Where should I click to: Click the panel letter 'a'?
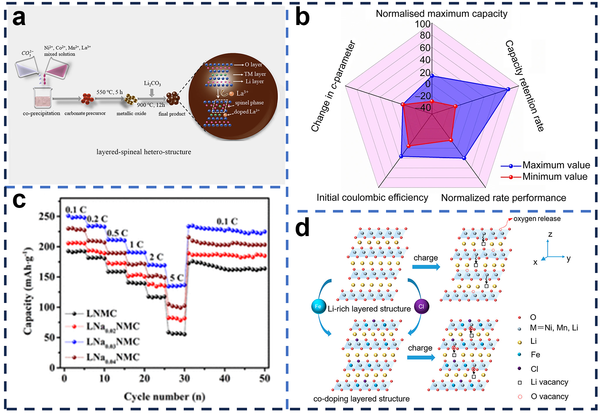pos(19,18)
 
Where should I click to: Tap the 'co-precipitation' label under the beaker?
pos(41,113)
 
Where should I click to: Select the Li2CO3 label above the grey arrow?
pos(152,83)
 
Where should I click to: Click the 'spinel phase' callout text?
pos(249,103)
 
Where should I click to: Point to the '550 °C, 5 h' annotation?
pos(110,92)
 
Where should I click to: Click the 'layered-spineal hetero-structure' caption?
pos(144,152)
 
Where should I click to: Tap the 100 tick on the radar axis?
pos(423,24)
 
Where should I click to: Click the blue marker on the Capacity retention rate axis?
pos(508,89)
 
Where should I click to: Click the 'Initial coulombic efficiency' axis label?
pos(372,198)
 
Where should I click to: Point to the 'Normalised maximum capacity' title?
pos(441,14)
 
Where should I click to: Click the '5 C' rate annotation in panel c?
pos(177,277)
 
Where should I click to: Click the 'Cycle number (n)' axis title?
pos(165,396)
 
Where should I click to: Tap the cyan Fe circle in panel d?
pos(318,306)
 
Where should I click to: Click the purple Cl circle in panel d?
pos(421,306)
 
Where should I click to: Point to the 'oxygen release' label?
pos(537,219)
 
